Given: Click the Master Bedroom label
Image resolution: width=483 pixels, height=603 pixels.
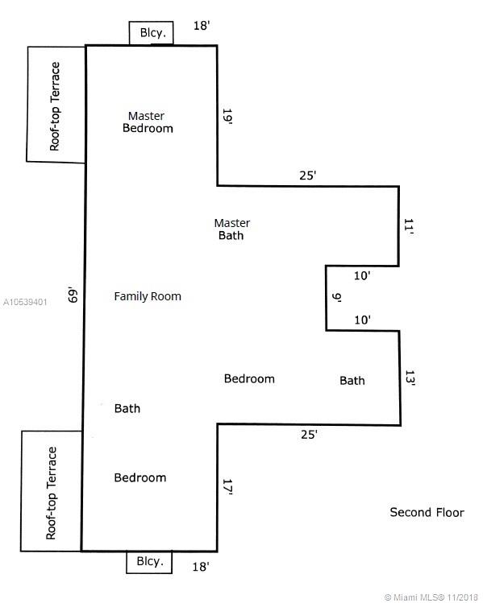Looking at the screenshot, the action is (148, 122).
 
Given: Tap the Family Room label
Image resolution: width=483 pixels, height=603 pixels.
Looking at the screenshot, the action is (148, 296).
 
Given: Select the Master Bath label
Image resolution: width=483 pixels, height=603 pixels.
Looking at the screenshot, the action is (232, 229).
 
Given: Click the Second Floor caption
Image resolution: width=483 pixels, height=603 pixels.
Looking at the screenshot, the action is (427, 512).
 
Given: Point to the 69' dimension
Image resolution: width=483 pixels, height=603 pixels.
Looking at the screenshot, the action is (73, 295).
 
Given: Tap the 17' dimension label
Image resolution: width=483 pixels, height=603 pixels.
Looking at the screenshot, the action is (228, 487).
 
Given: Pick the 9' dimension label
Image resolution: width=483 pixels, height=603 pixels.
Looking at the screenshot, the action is (337, 297).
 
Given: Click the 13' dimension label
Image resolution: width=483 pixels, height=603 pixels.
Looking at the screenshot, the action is (410, 378).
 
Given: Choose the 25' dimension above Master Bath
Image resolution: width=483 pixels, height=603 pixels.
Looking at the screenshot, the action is (308, 176).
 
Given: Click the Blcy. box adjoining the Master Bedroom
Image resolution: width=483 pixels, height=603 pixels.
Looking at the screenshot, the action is (151, 33).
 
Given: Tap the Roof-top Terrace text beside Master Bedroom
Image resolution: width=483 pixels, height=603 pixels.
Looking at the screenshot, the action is (55, 106).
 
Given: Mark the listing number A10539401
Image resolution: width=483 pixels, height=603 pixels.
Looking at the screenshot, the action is (25, 302).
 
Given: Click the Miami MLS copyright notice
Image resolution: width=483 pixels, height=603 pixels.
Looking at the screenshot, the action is (431, 597).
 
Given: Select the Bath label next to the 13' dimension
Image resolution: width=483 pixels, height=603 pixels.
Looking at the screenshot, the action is (352, 381).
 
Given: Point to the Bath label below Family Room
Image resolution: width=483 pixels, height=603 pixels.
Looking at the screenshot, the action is (127, 408).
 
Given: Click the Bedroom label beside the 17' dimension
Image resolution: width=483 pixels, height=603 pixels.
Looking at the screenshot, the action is (140, 477).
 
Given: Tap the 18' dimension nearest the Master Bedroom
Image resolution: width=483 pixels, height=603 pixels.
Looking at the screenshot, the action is (202, 26).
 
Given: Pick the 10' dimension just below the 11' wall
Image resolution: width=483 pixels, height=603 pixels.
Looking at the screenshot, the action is (362, 275).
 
